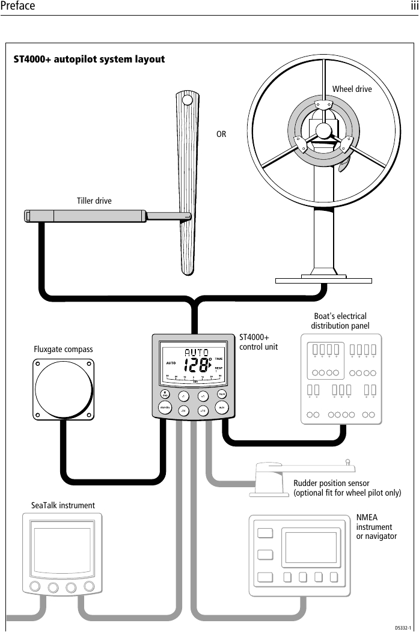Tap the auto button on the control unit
(x=222, y=407)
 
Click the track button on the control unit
(x=222, y=394)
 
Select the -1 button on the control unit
(x=183, y=397)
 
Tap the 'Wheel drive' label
(x=352, y=89)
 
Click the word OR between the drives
(x=221, y=135)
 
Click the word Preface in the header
(x=17, y=7)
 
